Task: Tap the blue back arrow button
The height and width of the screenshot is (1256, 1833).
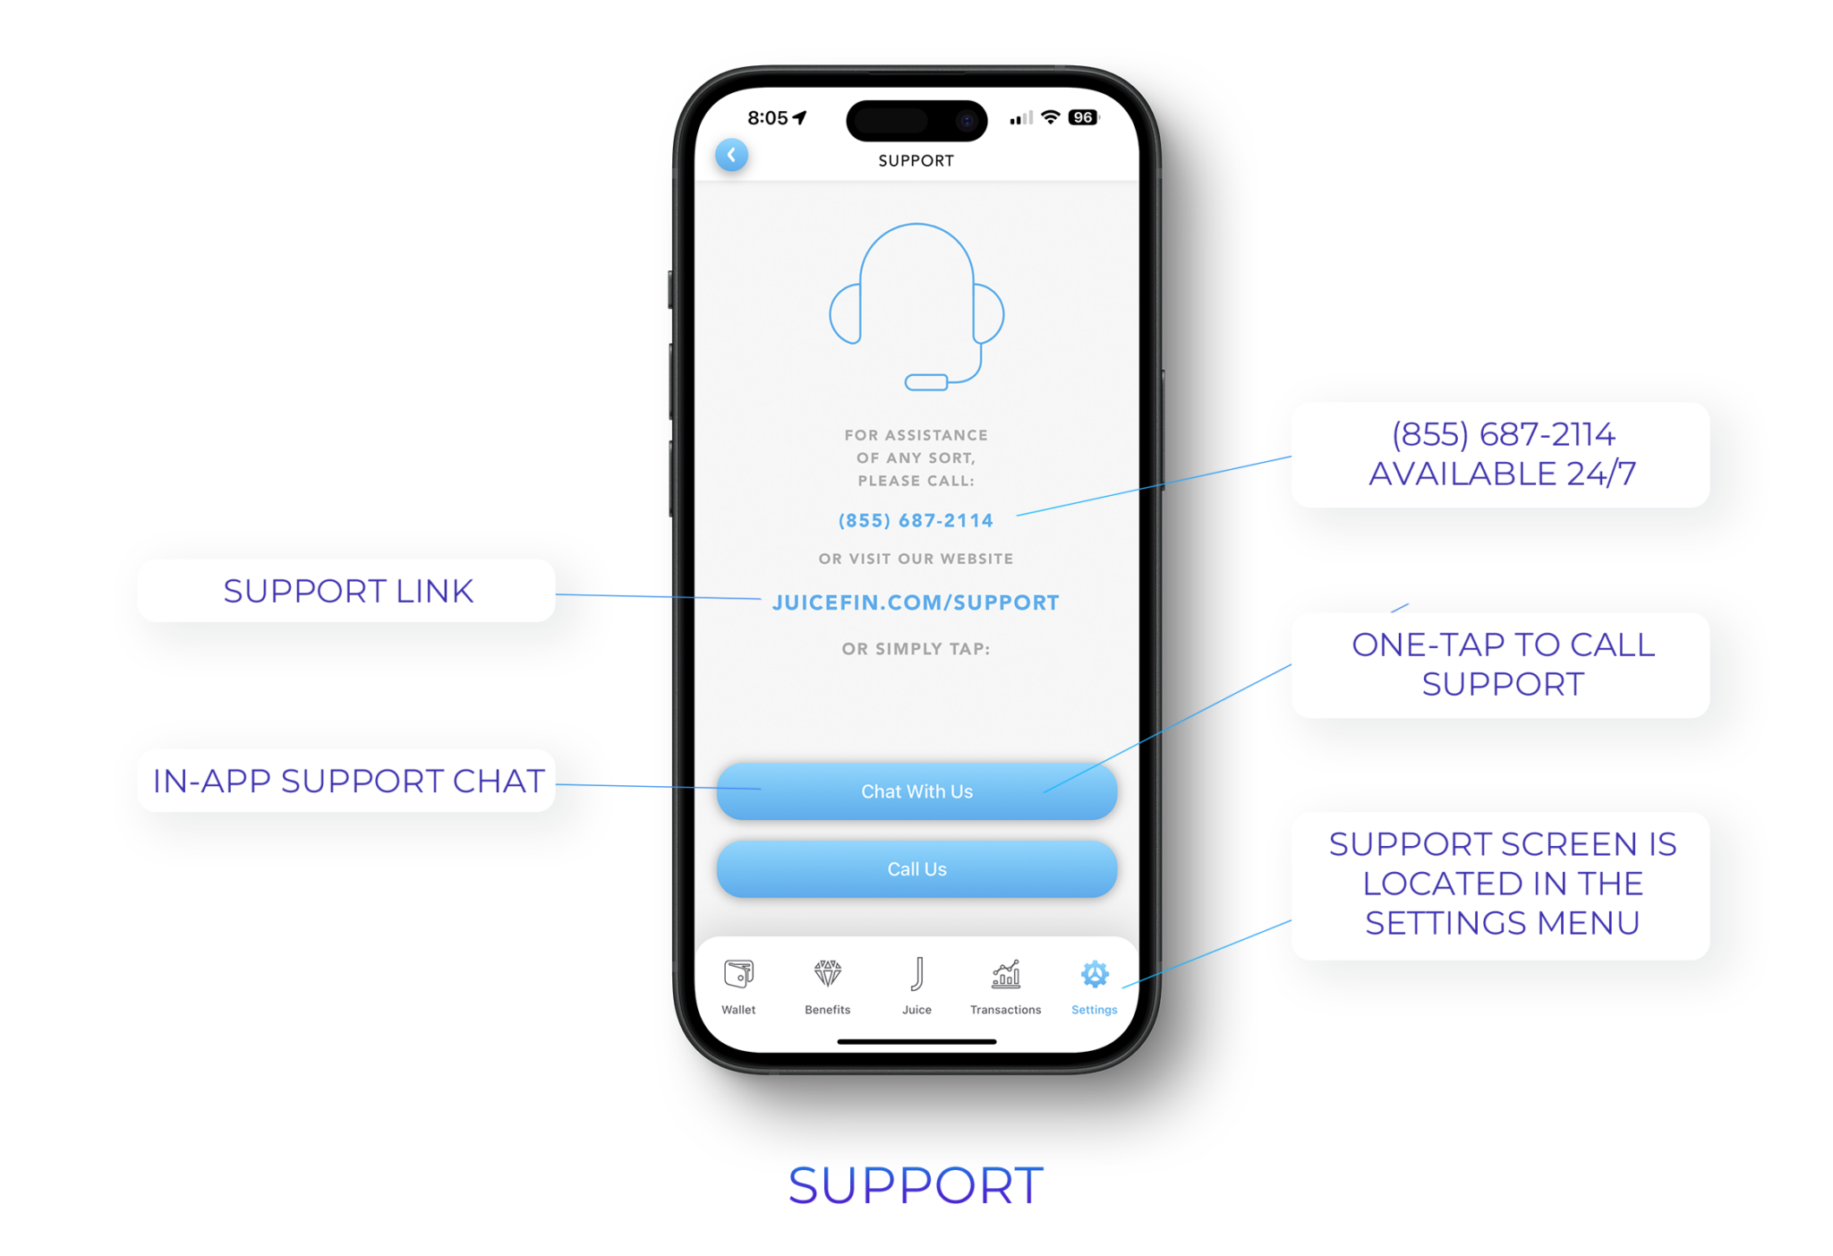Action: (x=731, y=156)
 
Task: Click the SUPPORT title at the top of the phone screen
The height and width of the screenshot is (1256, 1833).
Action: (x=916, y=161)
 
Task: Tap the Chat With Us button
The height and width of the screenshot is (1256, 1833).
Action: (x=916, y=791)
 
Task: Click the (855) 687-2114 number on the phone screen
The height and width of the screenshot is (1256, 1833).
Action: (x=916, y=520)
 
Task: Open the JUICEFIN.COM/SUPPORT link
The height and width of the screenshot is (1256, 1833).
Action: (x=916, y=602)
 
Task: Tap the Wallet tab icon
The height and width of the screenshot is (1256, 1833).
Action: (x=738, y=974)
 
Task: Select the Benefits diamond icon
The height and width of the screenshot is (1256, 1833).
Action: (x=827, y=974)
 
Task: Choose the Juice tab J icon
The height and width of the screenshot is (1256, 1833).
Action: (x=916, y=974)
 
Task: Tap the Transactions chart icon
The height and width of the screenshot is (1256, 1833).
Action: (x=1005, y=974)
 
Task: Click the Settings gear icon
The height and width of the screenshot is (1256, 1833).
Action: (x=1094, y=974)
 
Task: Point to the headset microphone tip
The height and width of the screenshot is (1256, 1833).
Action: (x=925, y=382)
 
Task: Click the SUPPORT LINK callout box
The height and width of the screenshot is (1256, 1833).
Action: (x=346, y=591)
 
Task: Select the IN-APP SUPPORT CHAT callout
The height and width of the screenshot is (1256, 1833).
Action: (x=346, y=781)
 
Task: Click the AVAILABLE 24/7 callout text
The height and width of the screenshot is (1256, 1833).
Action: (x=1502, y=474)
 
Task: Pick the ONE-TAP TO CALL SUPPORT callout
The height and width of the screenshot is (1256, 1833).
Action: (x=1501, y=665)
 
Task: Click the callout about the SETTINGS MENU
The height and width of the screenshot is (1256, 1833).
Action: (x=1501, y=884)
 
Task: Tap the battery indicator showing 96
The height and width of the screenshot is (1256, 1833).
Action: (x=1083, y=117)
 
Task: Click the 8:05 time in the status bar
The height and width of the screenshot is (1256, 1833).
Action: (x=767, y=118)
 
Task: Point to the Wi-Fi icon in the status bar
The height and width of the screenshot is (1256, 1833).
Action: (x=1051, y=117)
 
